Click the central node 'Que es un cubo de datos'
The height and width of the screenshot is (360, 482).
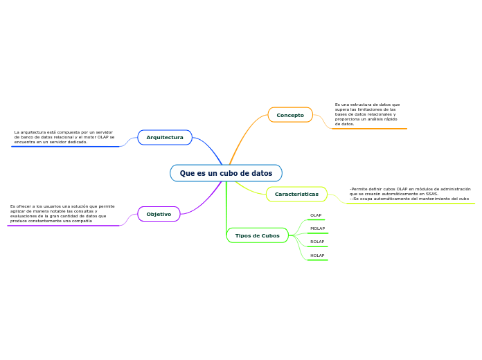click(x=226, y=173)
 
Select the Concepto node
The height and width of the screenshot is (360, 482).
click(x=290, y=115)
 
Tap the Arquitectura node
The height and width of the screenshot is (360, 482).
click(x=165, y=137)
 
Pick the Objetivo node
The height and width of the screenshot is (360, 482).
click(x=159, y=214)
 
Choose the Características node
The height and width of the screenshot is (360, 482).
click(x=296, y=194)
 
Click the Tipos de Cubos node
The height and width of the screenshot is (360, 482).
click(x=257, y=235)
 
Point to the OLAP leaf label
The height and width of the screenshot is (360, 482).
click(x=316, y=215)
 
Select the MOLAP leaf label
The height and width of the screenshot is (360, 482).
click(x=317, y=228)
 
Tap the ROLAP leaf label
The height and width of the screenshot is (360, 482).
click(x=317, y=242)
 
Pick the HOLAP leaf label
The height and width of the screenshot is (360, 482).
click(x=317, y=255)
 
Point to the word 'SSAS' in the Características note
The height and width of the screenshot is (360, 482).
click(x=430, y=194)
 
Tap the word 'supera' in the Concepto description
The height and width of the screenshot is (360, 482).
click(x=342, y=109)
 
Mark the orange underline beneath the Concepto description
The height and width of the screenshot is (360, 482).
click(x=369, y=129)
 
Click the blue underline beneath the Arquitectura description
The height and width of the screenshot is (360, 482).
click(x=66, y=147)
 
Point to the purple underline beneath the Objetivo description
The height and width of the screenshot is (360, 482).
click(x=64, y=226)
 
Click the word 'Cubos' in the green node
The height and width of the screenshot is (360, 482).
click(x=270, y=235)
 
